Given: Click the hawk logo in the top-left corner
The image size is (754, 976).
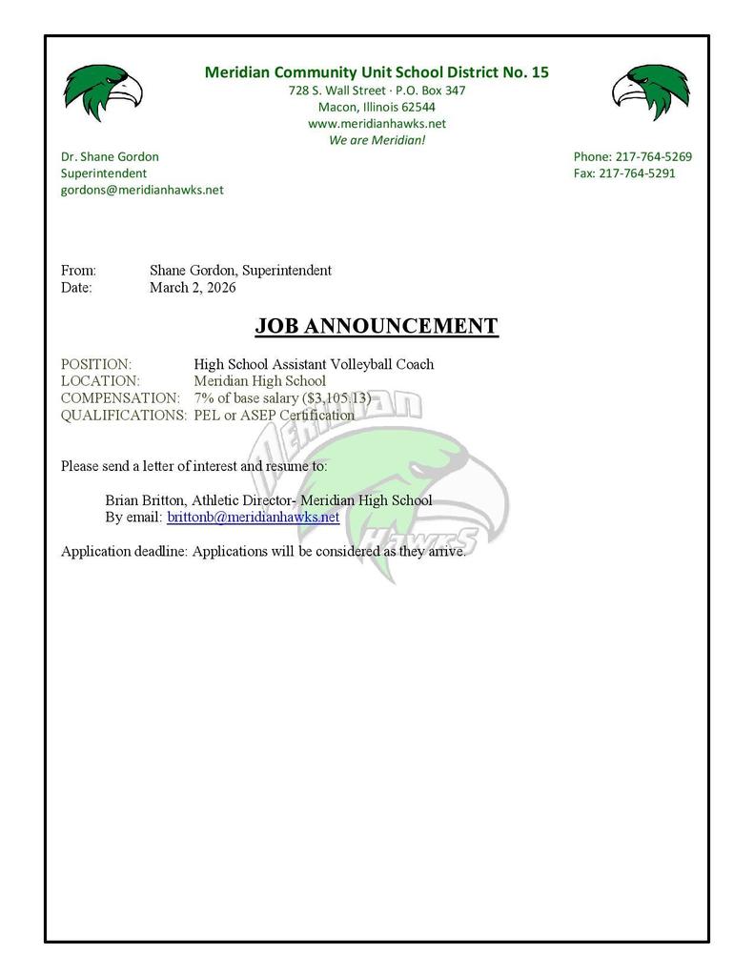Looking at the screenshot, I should click(x=103, y=92).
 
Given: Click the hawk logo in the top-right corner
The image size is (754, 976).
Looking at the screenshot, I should click(x=650, y=92).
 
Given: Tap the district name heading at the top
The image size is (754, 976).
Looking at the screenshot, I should click(x=377, y=72).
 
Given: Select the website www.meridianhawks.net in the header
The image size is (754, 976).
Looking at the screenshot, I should click(x=377, y=124).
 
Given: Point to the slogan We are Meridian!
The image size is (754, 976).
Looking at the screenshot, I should click(x=377, y=140).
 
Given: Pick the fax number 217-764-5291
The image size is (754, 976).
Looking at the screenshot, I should click(x=637, y=173).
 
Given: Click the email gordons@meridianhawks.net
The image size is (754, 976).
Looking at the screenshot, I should click(x=142, y=190).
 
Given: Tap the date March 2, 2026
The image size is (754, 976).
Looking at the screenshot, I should click(x=193, y=287).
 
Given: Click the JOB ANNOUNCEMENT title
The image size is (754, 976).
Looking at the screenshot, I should click(x=377, y=326).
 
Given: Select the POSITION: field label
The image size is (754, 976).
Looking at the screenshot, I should click(x=96, y=364).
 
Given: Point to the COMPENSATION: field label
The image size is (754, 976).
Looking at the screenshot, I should click(x=120, y=397).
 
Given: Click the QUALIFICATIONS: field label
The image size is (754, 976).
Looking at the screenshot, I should click(x=124, y=415).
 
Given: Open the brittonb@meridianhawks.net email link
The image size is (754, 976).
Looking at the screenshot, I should click(x=253, y=518).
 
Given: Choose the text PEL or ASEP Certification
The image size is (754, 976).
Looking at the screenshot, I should click(x=274, y=415).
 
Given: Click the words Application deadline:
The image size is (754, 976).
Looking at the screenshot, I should click(x=124, y=551).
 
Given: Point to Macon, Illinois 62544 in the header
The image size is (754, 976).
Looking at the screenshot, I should click(x=377, y=107).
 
